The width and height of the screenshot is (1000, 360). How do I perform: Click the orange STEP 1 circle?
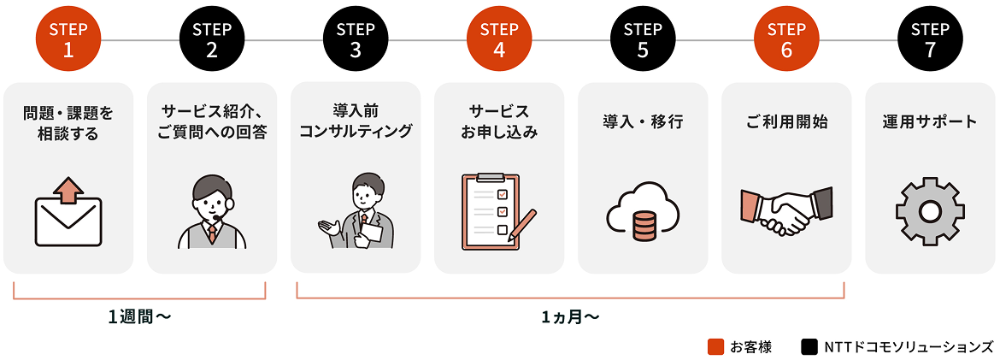pos(68,39)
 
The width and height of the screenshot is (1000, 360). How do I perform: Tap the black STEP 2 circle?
pos(212,39)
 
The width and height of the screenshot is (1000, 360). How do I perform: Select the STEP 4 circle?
pos(499,39)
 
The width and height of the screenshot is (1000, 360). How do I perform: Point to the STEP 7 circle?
pos(930,39)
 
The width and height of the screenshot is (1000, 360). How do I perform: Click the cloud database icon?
pos(643,213)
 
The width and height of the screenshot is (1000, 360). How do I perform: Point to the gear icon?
pos(930,211)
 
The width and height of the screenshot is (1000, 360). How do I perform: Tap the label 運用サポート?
pos(930,121)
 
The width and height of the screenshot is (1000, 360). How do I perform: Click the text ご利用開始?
pos(786,121)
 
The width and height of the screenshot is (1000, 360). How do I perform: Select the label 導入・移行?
pos(643,121)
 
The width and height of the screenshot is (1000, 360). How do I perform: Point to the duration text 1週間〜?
pos(139,316)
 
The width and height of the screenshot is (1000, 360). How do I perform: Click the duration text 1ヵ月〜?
pos(570,316)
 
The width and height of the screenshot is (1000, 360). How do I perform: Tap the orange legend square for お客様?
pos(716,346)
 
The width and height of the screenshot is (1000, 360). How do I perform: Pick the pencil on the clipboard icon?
pos(521,225)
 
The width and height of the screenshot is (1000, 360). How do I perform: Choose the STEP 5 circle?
pos(643,39)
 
